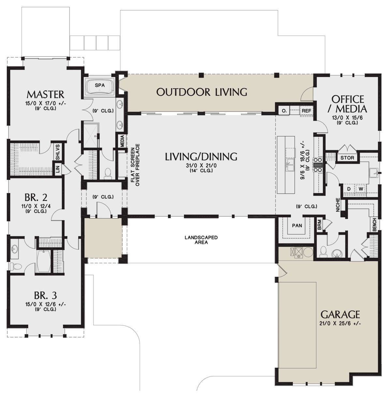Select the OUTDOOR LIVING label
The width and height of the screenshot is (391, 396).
coord(201,92)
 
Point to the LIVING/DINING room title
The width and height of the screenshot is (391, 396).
coord(201,157)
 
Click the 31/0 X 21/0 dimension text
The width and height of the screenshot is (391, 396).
coord(201,166)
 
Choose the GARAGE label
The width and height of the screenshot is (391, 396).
coord(340,314)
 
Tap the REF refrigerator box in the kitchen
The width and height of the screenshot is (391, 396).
coord(306,111)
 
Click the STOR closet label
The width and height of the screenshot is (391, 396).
coord(348,158)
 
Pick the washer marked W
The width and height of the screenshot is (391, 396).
coord(361,189)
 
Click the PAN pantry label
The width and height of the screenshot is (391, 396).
coord(297,225)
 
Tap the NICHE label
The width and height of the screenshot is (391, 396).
coord(338,205)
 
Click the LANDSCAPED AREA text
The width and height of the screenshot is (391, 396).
coord(201,240)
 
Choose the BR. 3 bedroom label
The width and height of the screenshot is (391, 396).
coord(45,295)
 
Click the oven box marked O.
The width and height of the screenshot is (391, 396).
coord(284,111)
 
